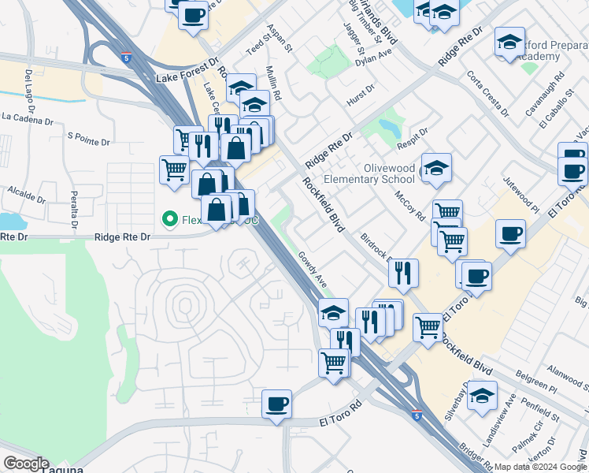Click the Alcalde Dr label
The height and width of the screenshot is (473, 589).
28,191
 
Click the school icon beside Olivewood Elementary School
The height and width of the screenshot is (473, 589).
436,169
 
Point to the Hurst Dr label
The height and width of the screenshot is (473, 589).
360,99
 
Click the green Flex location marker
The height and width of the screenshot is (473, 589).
168,218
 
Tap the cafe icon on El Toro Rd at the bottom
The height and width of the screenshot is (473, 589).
276,404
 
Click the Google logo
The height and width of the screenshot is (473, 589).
26,464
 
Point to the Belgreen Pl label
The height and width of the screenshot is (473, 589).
536,388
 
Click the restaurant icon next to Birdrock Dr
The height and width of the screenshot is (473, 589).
403,273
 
